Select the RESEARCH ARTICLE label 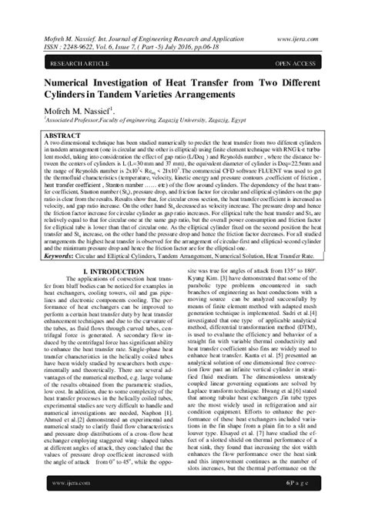tap(61, 59)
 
